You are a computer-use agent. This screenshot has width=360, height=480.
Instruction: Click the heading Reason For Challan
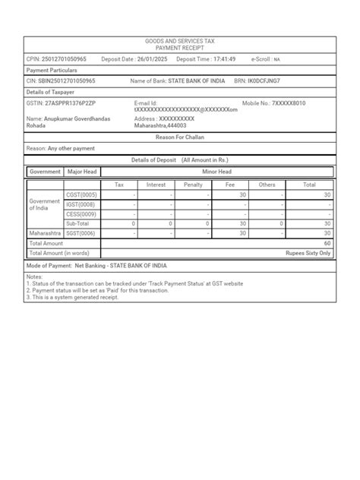tap(180, 137)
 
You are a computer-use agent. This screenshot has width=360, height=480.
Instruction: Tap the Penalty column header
tap(193, 185)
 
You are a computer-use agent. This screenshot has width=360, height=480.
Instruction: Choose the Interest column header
tap(156, 185)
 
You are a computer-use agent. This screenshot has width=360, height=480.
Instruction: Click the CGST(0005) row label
tap(81, 195)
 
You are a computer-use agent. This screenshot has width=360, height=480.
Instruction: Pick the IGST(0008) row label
tap(81, 204)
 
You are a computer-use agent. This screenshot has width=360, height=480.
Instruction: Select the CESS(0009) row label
tap(81, 214)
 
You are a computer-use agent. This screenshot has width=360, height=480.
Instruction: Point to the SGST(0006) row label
tap(81, 233)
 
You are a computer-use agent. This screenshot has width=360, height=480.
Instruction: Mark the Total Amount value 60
tap(327, 243)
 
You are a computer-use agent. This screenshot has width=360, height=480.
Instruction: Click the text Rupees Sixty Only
tap(308, 253)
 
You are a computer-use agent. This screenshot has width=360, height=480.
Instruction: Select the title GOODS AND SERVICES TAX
tap(180, 41)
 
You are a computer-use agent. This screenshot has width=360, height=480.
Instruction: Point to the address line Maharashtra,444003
tap(160, 126)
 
